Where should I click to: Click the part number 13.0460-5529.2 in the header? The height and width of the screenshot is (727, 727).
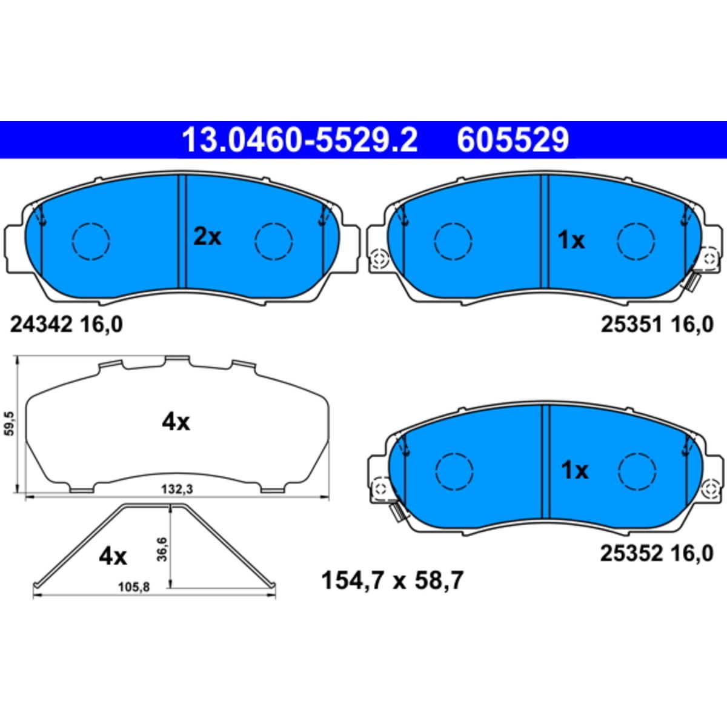pos(299,140)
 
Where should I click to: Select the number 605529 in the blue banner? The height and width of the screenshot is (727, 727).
pos(513,140)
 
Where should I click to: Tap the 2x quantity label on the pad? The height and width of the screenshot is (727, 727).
pos(207,237)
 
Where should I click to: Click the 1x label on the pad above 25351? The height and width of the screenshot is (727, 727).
pos(571,240)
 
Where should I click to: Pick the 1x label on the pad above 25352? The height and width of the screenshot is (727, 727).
pos(574,471)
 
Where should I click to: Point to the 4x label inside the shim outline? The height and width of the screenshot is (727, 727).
pos(176,422)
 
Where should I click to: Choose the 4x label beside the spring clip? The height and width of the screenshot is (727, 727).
pos(113,557)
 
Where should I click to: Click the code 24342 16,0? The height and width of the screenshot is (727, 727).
pos(67,325)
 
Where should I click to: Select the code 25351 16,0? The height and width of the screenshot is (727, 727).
pos(657,325)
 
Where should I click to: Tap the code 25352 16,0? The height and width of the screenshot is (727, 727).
pos(657,554)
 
